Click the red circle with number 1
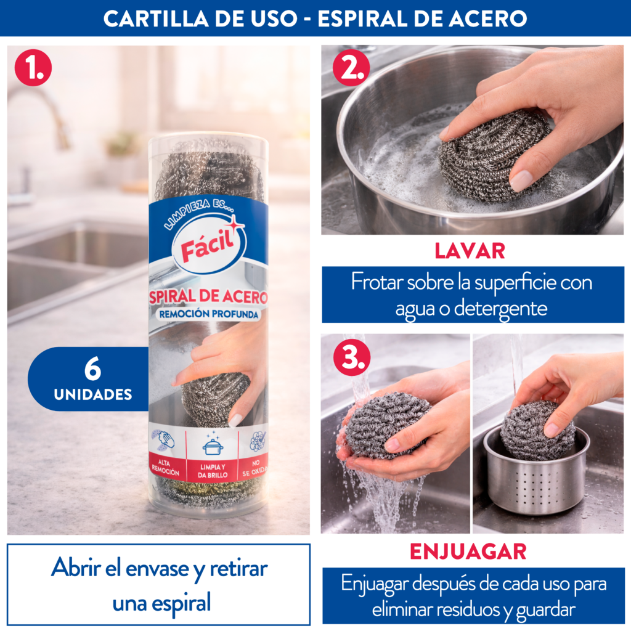click(x=33, y=67)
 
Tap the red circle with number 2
click(x=351, y=67)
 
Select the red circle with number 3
click(x=352, y=357)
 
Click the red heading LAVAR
click(x=470, y=251)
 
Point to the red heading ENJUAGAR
click(x=468, y=552)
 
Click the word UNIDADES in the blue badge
click(x=93, y=394)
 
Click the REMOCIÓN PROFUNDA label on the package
click(x=208, y=314)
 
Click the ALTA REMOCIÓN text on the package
click(x=165, y=468)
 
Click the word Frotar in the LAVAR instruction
click(x=377, y=282)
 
